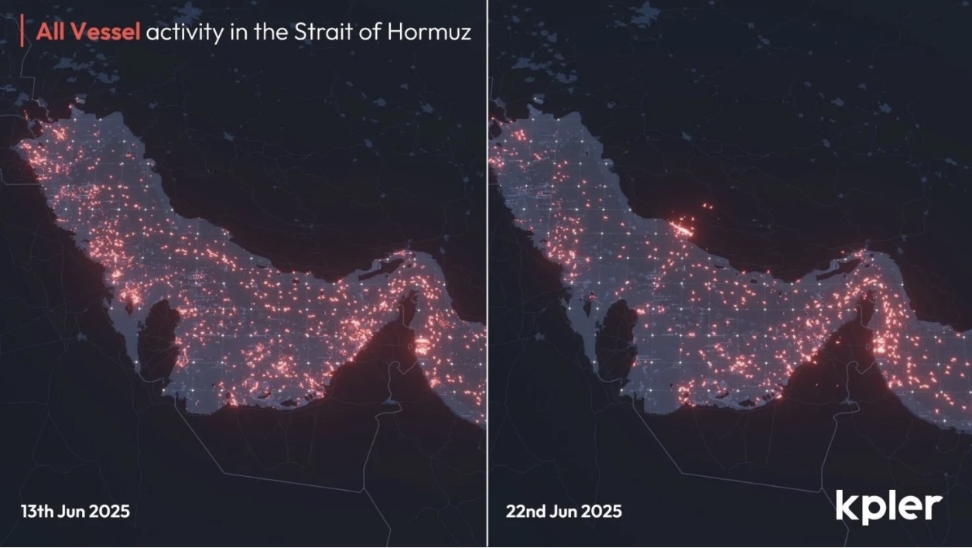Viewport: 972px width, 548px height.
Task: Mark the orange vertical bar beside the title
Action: [x=22, y=33]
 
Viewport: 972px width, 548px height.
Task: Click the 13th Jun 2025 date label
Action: [x=75, y=512]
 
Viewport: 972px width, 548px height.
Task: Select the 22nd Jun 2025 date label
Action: [x=563, y=512]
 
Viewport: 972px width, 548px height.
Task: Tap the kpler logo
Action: [x=888, y=506]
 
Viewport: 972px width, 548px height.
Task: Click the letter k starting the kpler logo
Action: [x=845, y=505]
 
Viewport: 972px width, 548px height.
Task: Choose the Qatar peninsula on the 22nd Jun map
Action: [x=618, y=341]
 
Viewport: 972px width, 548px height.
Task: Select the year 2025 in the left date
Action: [x=110, y=512]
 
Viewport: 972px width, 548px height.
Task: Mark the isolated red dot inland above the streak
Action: [x=705, y=206]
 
